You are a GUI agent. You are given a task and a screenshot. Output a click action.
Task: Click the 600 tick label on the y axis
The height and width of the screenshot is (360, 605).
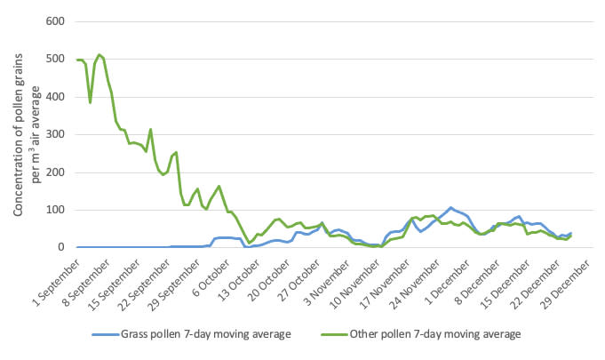55,21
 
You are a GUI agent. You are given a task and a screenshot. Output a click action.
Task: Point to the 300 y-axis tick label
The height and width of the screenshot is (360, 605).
55,134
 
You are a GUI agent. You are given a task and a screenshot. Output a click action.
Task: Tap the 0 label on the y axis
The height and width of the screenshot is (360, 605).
61,247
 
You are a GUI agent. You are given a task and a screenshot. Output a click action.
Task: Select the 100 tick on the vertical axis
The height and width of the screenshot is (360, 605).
55,211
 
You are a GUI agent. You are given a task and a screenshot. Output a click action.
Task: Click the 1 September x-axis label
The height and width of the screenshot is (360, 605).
57,283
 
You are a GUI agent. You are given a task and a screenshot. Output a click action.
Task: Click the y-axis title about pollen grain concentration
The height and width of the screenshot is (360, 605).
27,134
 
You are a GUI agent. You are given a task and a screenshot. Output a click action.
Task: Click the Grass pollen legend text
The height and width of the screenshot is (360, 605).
206,333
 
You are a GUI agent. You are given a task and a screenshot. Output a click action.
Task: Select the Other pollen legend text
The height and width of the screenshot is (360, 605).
435,333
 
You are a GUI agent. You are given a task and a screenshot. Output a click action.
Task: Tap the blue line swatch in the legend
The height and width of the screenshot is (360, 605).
106,334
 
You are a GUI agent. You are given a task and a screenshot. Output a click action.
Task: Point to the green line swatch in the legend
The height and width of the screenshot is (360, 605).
334,334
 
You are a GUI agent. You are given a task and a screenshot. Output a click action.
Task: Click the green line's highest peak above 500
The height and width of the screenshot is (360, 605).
100,55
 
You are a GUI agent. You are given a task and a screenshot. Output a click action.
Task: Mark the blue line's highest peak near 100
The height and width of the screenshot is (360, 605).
450,208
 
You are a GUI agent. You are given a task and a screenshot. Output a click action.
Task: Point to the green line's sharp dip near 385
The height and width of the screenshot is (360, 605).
91,102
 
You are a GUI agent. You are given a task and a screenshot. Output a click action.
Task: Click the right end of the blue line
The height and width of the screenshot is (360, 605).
570,233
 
